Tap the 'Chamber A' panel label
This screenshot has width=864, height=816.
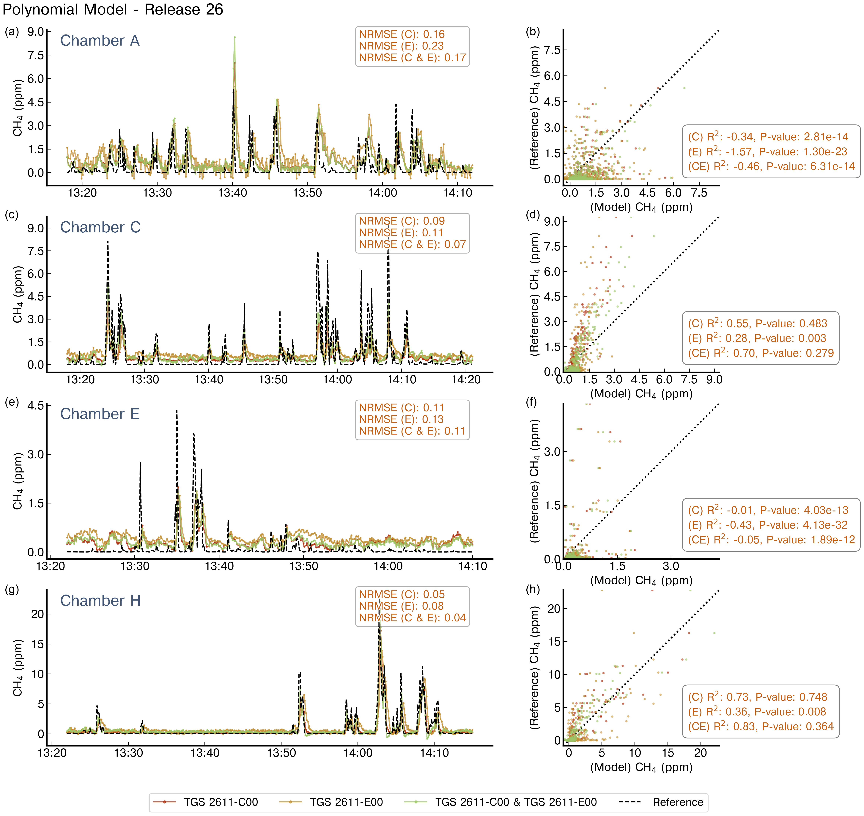tap(100, 40)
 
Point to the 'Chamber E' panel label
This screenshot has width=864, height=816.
tap(100, 414)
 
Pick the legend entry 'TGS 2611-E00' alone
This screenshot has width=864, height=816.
tap(346, 802)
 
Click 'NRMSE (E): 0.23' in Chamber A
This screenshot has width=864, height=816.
tap(401, 46)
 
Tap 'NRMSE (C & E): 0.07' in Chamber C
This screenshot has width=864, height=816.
tap(412, 245)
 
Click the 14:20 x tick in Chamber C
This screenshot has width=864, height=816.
tap(466, 380)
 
